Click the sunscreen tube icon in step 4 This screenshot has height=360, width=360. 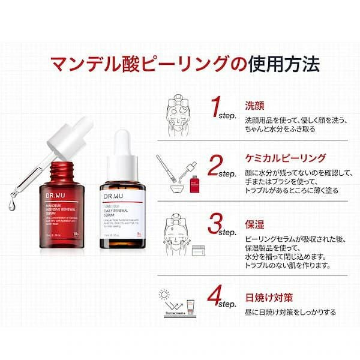tap(191, 306)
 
